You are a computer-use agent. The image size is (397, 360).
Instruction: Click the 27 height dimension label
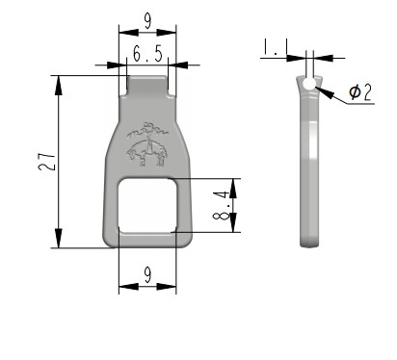point(47,162)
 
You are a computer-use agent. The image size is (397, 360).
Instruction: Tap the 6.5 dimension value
point(148,54)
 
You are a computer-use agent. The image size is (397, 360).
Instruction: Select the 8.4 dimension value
point(222,205)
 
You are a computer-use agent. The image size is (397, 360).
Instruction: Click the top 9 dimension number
point(147,22)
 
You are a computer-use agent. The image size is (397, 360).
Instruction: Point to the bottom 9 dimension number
point(147,275)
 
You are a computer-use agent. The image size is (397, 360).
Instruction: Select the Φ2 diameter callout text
point(360,91)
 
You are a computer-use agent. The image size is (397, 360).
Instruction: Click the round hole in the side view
point(309,84)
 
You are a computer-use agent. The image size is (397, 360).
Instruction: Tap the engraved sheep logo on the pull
point(147,144)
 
